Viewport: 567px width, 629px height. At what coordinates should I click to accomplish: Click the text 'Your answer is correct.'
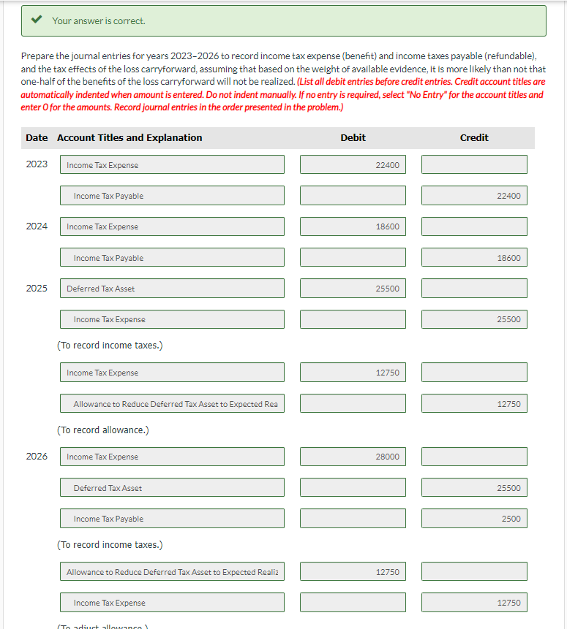coord(98,21)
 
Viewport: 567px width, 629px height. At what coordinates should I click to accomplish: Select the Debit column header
coord(353,137)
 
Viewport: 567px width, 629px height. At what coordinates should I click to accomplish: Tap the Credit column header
coord(474,137)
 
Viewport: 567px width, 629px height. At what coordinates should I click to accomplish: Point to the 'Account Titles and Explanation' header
coord(129,137)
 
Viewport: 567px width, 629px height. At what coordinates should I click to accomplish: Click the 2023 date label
coord(37,164)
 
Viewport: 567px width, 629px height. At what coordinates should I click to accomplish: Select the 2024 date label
coord(37,226)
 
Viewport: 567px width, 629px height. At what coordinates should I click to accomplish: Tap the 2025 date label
coord(37,289)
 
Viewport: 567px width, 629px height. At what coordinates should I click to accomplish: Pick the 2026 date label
coord(37,457)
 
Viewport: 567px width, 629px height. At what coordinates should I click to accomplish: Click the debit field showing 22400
coord(353,165)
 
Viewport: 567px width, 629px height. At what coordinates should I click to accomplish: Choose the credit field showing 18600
coord(474,258)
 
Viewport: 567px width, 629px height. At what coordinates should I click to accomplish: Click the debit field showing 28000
coord(353,457)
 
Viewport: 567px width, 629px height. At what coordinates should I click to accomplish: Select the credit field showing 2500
coord(474,519)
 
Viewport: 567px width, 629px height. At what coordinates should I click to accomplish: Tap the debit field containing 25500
coord(353,289)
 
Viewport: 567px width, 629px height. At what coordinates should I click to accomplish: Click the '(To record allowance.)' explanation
coord(103,430)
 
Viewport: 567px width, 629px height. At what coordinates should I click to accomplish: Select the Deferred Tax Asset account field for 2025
coord(172,289)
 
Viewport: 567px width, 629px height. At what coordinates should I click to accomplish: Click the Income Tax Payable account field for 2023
coord(172,196)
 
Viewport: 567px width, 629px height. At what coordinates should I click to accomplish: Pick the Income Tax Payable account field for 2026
coord(172,519)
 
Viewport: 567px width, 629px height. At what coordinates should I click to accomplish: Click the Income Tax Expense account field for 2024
coord(172,226)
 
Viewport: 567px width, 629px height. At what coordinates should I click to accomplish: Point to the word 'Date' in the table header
coord(37,137)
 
